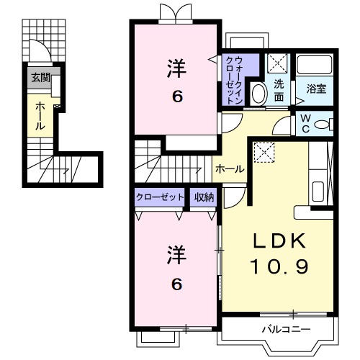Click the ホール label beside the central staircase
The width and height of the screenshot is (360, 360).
(x=230, y=168)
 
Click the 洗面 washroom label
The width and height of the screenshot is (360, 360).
(x=279, y=89)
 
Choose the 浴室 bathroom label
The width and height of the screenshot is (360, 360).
(x=316, y=89)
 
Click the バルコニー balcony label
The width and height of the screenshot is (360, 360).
(x=285, y=329)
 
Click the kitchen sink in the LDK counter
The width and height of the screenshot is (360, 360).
(x=319, y=194)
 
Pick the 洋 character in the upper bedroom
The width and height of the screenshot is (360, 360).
(x=176, y=70)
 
